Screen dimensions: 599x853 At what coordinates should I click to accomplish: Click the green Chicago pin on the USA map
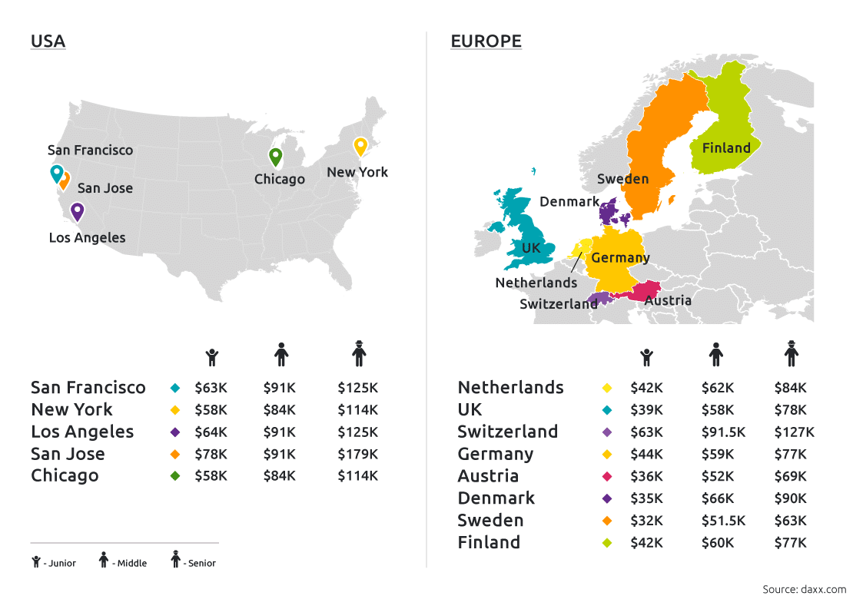(x=275, y=157)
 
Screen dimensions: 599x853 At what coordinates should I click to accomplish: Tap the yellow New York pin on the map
(x=360, y=146)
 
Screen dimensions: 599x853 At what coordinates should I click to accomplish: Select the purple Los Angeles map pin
(x=77, y=210)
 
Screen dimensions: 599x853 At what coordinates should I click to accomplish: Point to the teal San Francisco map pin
(x=56, y=174)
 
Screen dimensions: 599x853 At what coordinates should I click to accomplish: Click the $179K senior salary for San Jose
(x=357, y=454)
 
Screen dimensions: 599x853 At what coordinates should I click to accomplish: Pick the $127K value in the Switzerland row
(x=794, y=432)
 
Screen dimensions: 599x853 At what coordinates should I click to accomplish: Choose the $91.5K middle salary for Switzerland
(x=723, y=432)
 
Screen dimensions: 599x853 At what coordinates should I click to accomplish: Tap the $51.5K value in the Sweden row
(x=723, y=521)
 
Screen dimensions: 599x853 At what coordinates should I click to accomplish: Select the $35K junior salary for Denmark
(x=646, y=498)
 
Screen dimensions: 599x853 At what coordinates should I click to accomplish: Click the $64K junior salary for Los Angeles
(x=211, y=432)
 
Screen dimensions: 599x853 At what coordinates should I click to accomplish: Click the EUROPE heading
(x=486, y=41)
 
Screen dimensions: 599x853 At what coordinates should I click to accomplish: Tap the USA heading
(x=48, y=41)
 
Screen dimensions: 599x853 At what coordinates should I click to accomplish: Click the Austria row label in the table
(x=488, y=476)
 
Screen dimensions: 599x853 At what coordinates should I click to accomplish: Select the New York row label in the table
(x=71, y=409)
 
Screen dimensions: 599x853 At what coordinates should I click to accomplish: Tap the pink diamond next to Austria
(x=607, y=477)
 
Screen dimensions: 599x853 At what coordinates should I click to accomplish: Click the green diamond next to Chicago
(x=175, y=476)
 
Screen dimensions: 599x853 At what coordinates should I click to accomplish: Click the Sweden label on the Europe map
(x=623, y=179)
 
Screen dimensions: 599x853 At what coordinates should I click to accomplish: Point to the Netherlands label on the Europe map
(x=536, y=283)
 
